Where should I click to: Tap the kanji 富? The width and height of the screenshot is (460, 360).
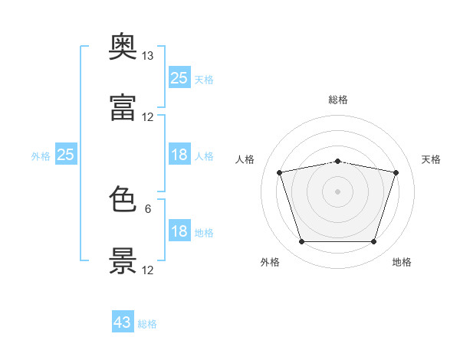pyautogui.click(x=123, y=108)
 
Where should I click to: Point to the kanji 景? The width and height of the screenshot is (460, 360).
pyautogui.click(x=123, y=261)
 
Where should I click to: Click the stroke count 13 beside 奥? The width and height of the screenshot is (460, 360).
pyautogui.click(x=148, y=56)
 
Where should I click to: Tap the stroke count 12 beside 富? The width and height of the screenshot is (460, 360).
pyautogui.click(x=148, y=117)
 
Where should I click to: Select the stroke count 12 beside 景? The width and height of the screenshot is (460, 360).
pyautogui.click(x=148, y=270)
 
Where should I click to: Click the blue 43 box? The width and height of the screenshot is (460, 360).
pyautogui.click(x=123, y=322)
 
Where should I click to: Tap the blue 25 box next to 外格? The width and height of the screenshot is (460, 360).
pyautogui.click(x=66, y=155)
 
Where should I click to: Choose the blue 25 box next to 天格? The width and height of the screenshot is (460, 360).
pyautogui.click(x=179, y=78)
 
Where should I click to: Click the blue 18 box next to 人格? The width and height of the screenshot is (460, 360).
pyautogui.click(x=179, y=155)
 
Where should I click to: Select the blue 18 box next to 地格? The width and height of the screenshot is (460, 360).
pyautogui.click(x=179, y=231)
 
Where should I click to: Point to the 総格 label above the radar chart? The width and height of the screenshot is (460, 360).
pyautogui.click(x=338, y=100)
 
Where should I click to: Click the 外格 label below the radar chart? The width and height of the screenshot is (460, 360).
pyautogui.click(x=270, y=262)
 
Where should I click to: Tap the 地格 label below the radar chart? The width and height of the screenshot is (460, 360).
pyautogui.click(x=402, y=262)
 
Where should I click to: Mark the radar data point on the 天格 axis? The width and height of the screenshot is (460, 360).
pyautogui.click(x=396, y=172)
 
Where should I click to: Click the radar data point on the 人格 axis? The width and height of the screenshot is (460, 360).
pyautogui.click(x=280, y=172)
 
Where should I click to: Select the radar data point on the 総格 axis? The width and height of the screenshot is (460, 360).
pyautogui.click(x=338, y=161)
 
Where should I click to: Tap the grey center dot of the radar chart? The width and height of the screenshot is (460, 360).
pyautogui.click(x=338, y=191)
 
